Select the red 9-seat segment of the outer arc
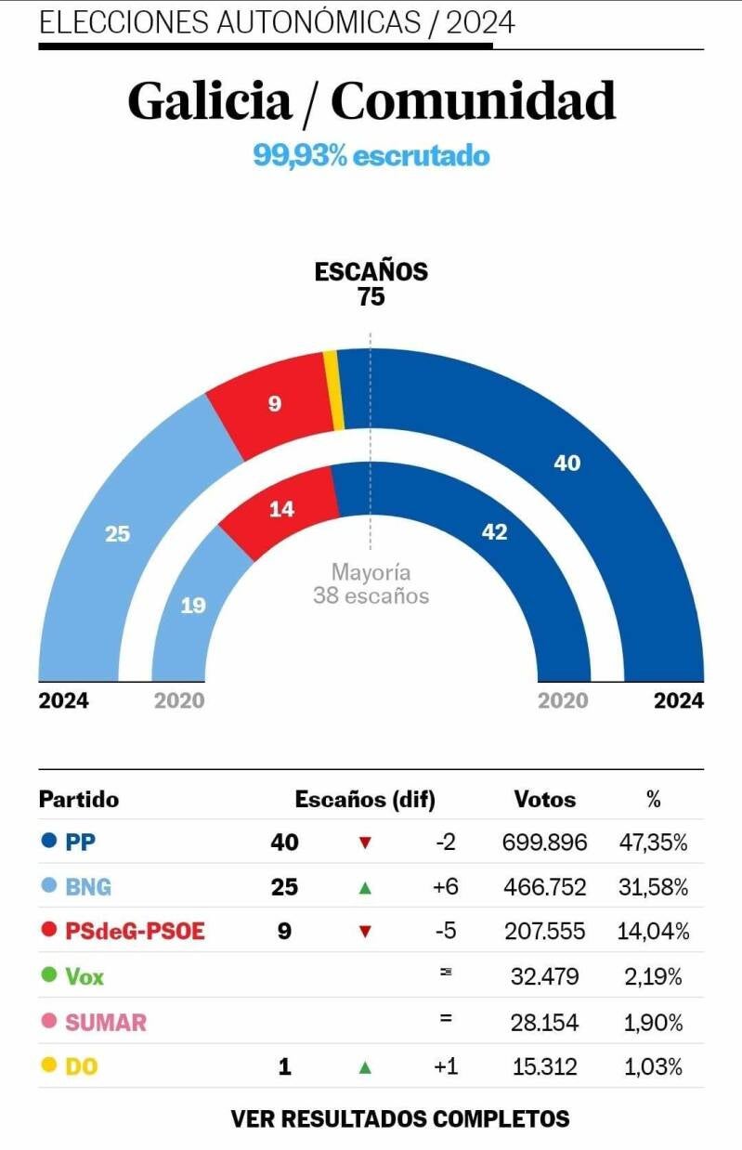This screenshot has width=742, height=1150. [x=274, y=405]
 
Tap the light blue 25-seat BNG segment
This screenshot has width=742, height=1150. [x=118, y=533]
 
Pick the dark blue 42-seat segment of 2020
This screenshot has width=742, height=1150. [x=495, y=532]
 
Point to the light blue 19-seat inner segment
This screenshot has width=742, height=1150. [x=192, y=605]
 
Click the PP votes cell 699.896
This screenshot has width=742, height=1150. [x=544, y=843]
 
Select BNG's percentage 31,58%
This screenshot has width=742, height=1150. [x=653, y=887]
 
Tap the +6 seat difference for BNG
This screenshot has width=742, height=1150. [x=446, y=887]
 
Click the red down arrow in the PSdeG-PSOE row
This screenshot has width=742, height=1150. [x=365, y=932]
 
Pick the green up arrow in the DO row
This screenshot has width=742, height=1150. [x=365, y=1067]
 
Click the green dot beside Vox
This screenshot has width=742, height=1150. [x=49, y=976]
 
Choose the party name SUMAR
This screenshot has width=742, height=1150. [x=106, y=1023]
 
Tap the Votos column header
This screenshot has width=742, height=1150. [x=545, y=799]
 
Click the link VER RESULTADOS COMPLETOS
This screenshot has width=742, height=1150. [x=399, y=1118]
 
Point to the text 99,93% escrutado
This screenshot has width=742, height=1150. [x=371, y=155]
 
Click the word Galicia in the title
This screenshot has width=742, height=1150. [x=210, y=101]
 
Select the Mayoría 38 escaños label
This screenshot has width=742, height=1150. [x=371, y=584]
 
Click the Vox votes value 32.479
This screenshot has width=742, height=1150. [x=545, y=976]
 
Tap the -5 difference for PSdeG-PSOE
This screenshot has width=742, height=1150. [x=446, y=932]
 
